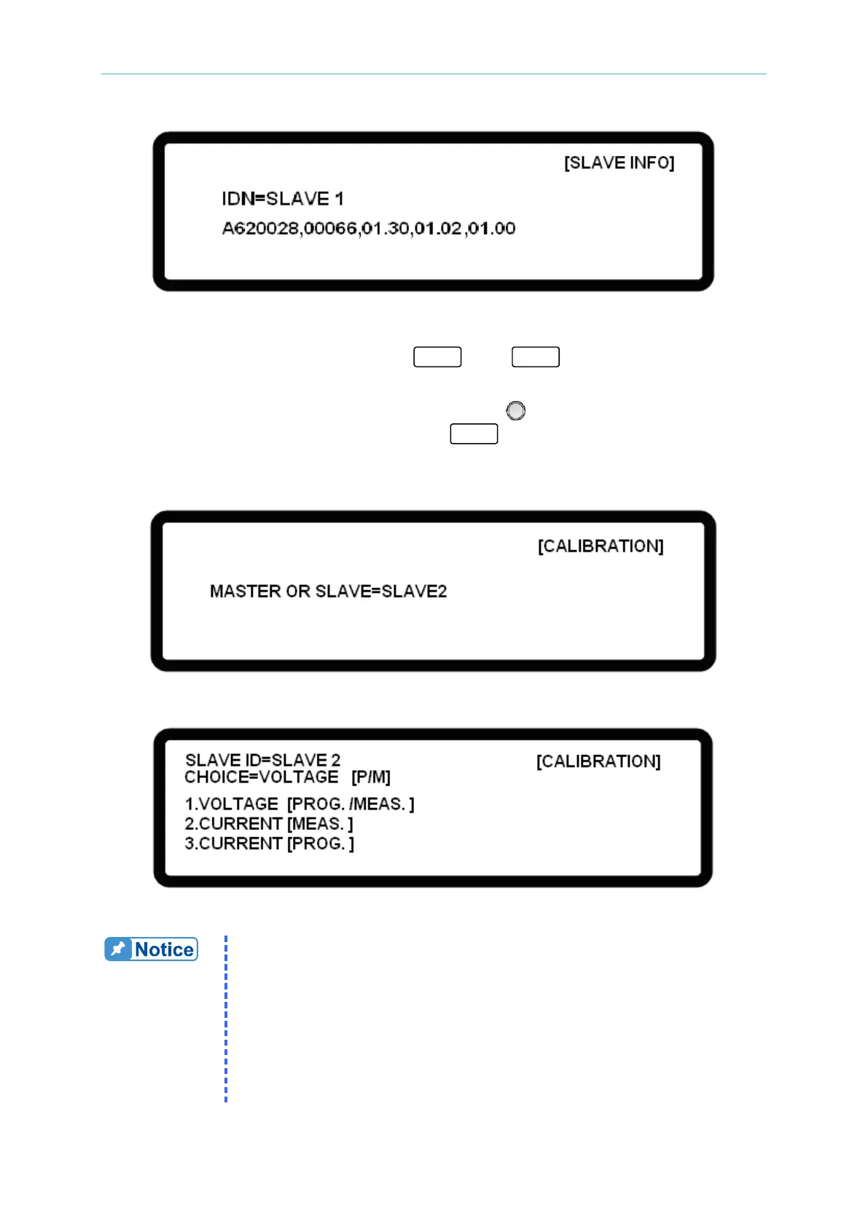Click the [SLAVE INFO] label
[619, 162]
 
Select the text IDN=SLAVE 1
[282, 199]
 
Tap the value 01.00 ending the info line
[492, 229]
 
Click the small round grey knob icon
[515, 411]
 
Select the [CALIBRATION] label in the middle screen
[601, 546]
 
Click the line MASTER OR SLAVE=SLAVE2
[328, 591]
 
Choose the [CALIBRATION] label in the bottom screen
[598, 761]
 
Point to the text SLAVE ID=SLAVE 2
[262, 760]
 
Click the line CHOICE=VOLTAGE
[261, 777]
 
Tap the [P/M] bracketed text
[371, 777]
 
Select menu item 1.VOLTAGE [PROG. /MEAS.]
[299, 804]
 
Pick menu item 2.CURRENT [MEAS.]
[268, 823]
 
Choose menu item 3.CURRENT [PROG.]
[269, 843]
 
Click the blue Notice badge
[151, 949]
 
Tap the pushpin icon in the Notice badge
[118, 949]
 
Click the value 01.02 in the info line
[438, 229]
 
